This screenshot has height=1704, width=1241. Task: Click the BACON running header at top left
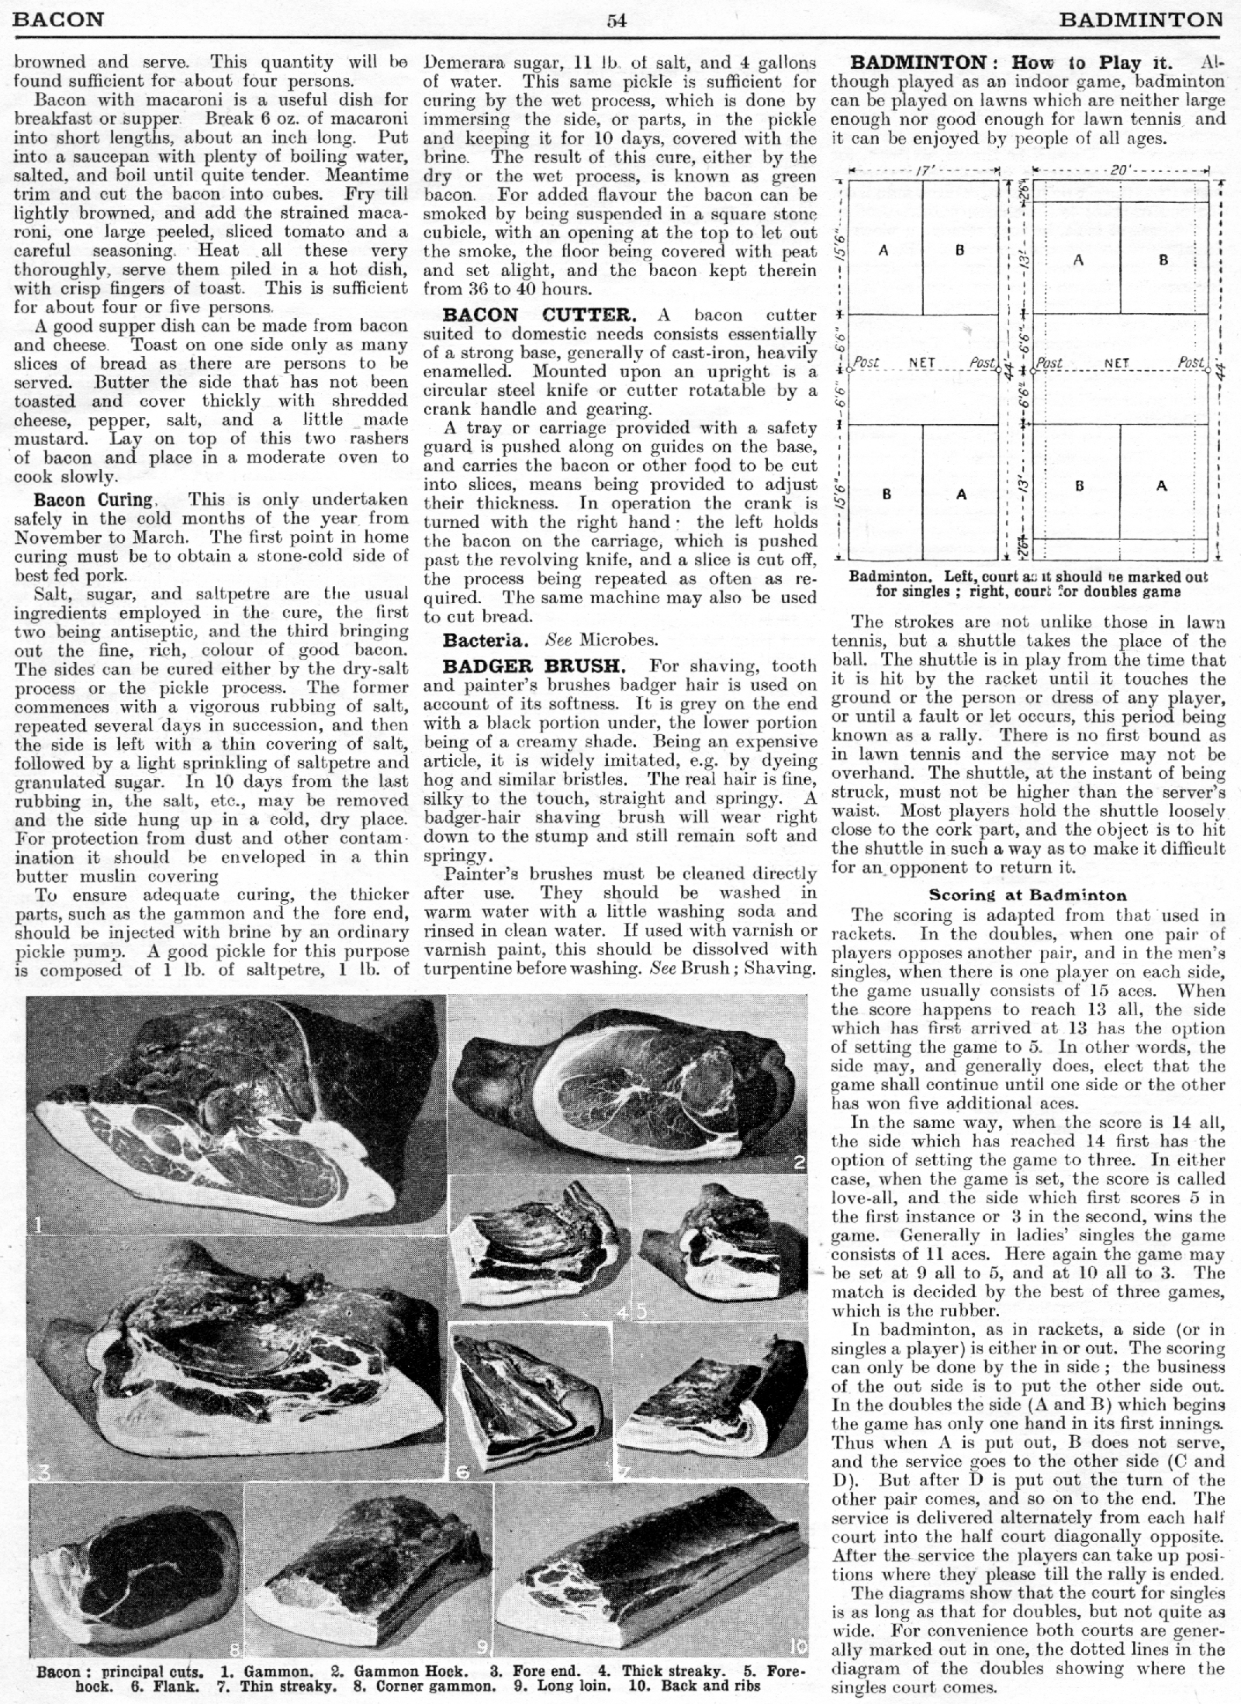pyautogui.click(x=59, y=20)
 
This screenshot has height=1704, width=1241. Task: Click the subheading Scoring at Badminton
pyautogui.click(x=1028, y=895)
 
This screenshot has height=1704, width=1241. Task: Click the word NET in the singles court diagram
pyautogui.click(x=922, y=362)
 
